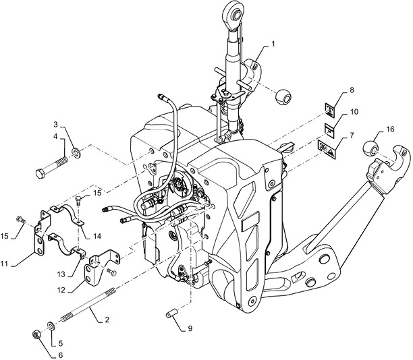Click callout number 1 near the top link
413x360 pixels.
click(273, 44)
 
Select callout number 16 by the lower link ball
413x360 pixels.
click(390, 129)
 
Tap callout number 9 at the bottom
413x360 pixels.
click(190, 328)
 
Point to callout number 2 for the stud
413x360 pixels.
click(107, 320)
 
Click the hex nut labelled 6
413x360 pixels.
click(36, 335)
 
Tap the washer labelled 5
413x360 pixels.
click(51, 326)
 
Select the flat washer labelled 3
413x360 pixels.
click(77, 152)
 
